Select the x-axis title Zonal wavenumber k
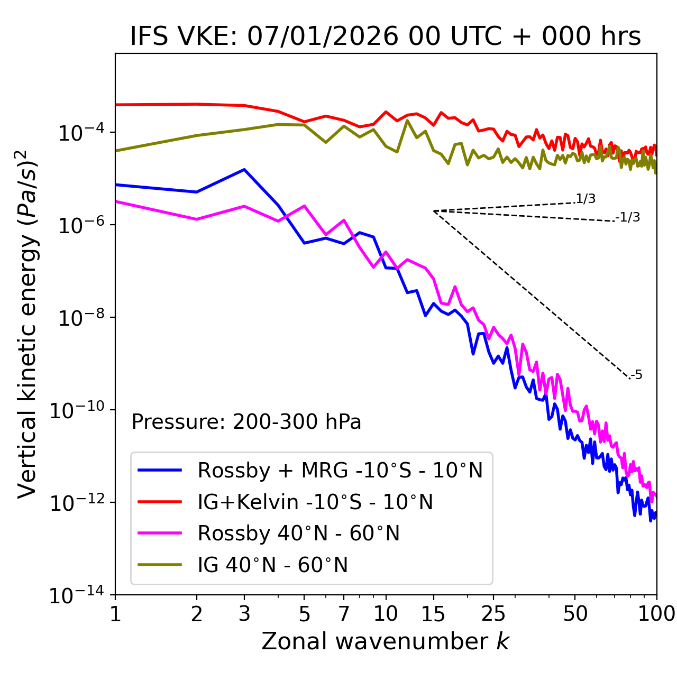(x=386, y=641)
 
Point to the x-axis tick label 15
(x=433, y=613)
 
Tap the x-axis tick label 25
(x=493, y=613)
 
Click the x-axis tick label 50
(x=575, y=613)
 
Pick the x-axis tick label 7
(x=344, y=613)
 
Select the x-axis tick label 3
(x=244, y=613)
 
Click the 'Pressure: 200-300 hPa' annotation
(x=246, y=422)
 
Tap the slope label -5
(x=637, y=375)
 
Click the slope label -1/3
(x=628, y=217)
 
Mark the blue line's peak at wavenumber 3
(x=244, y=169)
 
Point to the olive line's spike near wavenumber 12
(x=407, y=121)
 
